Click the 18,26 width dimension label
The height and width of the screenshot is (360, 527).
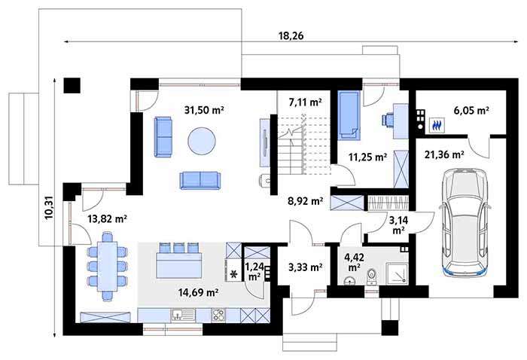pos(291,35)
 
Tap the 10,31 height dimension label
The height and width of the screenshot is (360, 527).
pos(49,207)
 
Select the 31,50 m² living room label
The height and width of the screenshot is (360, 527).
pos(204,109)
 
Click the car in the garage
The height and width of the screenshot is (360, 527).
pos(465,222)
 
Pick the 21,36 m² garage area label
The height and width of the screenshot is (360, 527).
pos(444,154)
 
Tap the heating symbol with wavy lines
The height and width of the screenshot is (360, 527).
pos(437,125)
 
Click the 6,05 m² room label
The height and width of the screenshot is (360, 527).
pos(471,110)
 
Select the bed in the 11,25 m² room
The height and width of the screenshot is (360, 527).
pos(349,116)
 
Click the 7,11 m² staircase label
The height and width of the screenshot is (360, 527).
pos(305,102)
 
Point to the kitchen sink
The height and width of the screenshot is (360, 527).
pos(183,316)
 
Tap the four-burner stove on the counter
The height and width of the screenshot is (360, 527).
pos(218,316)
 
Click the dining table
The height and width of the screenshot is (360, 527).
pos(107,266)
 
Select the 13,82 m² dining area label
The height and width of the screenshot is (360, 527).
pos(107,219)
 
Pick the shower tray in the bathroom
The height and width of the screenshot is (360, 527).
pos(397,273)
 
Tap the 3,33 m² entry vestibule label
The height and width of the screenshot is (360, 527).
pos(306,267)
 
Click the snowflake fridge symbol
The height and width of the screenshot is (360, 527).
pos(233,274)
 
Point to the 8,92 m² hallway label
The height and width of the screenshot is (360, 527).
pos(305,201)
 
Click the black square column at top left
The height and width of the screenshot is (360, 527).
pos(72,85)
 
